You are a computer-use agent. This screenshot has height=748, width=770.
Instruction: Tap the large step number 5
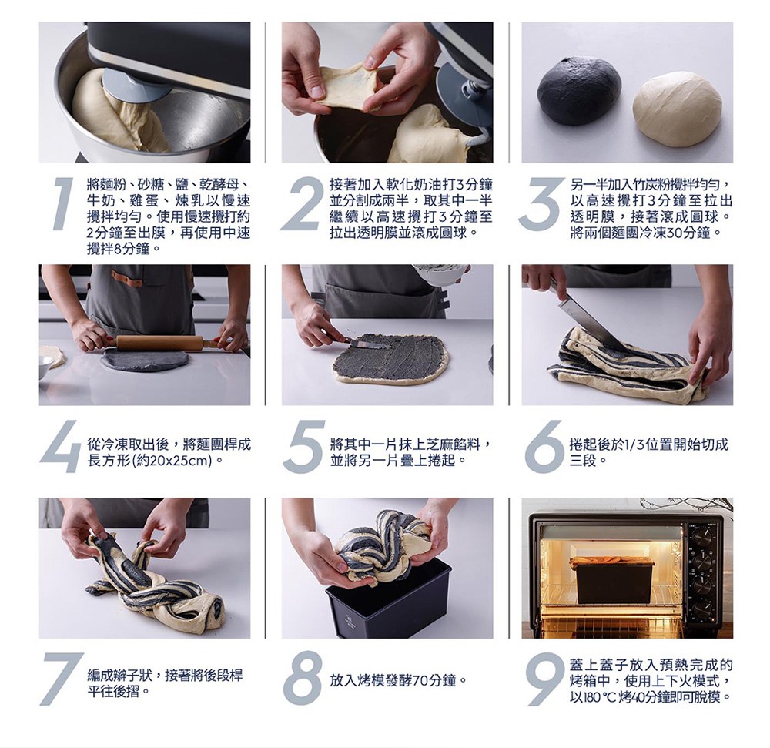(304, 446)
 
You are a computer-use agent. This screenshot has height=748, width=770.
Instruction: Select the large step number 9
(544, 679)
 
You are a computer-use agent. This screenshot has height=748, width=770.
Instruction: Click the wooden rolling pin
(161, 342)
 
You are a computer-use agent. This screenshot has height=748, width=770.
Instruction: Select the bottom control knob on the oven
(703, 610)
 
